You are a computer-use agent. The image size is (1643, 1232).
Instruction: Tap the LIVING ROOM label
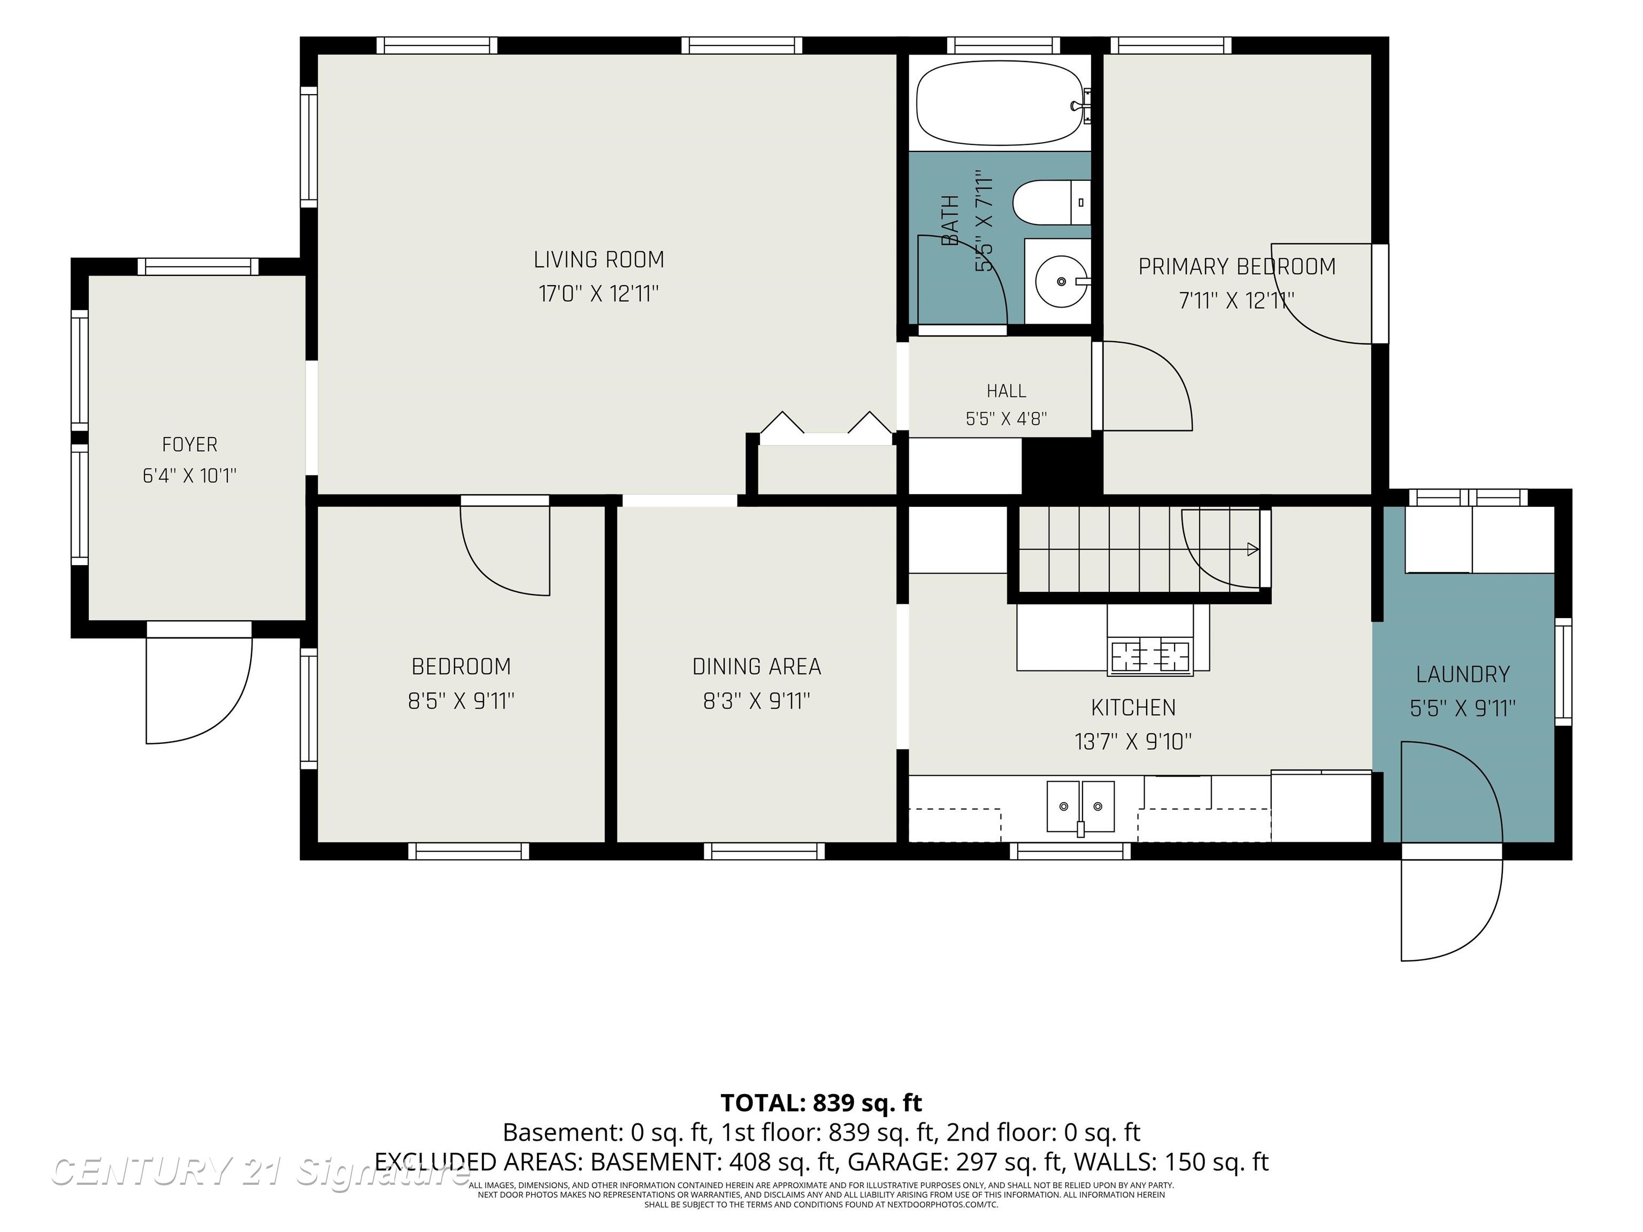point(598,260)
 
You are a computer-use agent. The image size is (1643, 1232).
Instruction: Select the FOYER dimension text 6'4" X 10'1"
point(189,475)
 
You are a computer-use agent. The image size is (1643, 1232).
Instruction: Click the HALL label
point(1007,391)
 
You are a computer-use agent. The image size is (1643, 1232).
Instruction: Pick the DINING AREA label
point(757,667)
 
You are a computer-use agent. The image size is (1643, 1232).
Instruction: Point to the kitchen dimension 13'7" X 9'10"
point(1133,741)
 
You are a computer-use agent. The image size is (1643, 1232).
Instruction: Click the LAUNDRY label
point(1463,674)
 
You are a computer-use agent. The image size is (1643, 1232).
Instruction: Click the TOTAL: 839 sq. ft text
point(821,1103)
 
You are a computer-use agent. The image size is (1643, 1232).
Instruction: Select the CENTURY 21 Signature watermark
point(260,1172)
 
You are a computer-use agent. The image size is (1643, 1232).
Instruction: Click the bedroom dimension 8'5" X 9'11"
point(461,701)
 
